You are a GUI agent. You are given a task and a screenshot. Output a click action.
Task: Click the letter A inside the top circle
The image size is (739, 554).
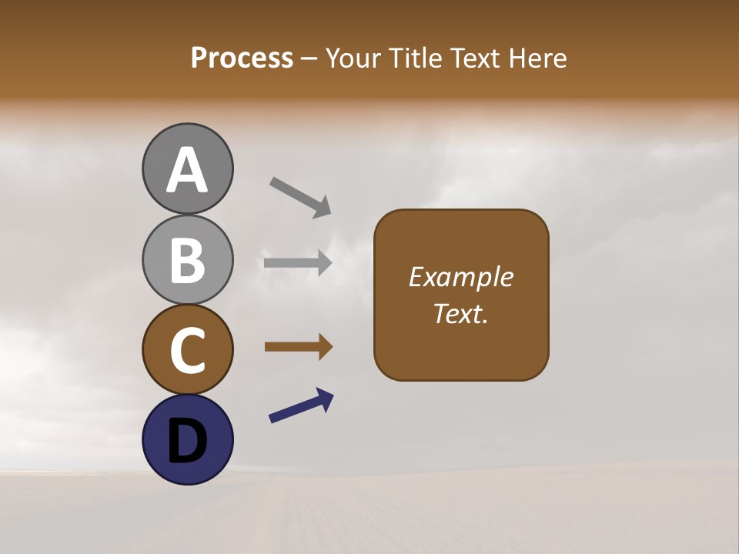click(x=187, y=170)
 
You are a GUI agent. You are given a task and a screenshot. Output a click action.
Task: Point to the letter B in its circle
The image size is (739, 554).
click(x=187, y=260)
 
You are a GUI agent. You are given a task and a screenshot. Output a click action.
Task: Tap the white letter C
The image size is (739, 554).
click(x=187, y=350)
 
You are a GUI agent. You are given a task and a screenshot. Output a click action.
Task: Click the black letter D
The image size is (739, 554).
click(x=187, y=441)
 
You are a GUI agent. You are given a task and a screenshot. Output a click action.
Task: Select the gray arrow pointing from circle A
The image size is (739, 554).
click(x=300, y=197)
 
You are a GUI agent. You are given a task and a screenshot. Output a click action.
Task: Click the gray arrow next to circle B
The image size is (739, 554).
click(x=298, y=263)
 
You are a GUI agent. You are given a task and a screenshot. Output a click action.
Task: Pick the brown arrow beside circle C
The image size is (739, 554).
click(x=298, y=348)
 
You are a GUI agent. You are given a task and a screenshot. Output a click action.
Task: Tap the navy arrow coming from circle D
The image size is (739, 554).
click(x=301, y=405)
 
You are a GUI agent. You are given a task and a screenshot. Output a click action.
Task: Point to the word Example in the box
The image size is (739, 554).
click(x=460, y=277)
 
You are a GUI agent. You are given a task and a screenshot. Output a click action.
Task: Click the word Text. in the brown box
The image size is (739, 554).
click(x=460, y=313)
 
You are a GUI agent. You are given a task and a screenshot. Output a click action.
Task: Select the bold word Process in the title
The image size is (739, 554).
click(x=242, y=58)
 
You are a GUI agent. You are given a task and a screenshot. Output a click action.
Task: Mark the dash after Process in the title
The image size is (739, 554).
click(x=309, y=58)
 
